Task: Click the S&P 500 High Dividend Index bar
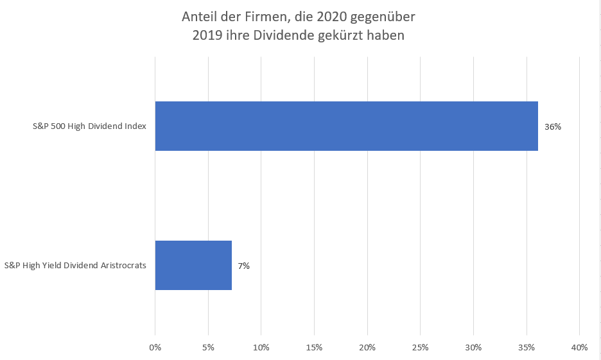(x=346, y=126)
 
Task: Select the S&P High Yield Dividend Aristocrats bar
(x=193, y=265)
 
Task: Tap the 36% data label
(x=553, y=127)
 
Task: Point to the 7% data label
(x=243, y=266)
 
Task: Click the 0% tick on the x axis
(x=155, y=347)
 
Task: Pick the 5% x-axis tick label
(x=208, y=347)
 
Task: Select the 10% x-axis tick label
(x=261, y=347)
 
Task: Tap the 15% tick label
(x=314, y=347)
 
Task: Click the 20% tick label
(x=367, y=347)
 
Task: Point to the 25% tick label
(x=420, y=347)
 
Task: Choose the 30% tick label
(x=473, y=347)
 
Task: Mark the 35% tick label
(x=527, y=347)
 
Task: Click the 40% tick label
(x=579, y=347)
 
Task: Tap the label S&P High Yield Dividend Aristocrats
(x=76, y=265)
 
